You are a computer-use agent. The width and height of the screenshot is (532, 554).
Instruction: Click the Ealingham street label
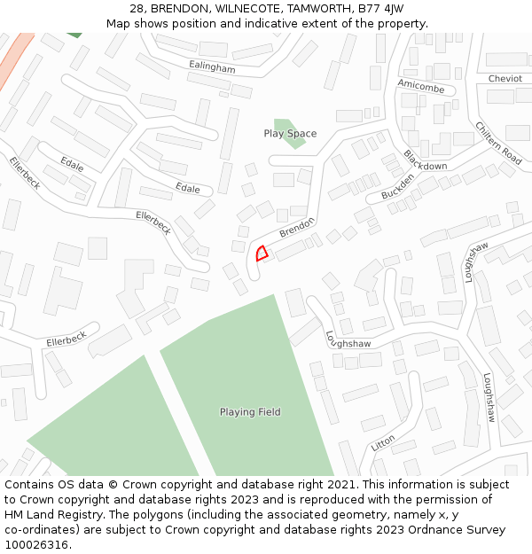tap(213, 67)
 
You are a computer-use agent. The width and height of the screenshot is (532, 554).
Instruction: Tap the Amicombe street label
tap(420, 85)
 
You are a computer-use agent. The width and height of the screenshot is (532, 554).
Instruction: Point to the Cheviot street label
tap(505, 79)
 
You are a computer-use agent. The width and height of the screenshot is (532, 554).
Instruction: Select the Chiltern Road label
tap(497, 143)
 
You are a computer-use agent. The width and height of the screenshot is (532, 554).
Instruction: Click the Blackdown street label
tap(425, 160)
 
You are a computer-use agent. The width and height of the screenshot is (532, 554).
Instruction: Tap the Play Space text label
tap(290, 134)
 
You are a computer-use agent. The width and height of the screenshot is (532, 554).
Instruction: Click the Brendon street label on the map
tap(297, 227)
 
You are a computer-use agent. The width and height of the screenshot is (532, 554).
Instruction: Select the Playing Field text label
tap(250, 411)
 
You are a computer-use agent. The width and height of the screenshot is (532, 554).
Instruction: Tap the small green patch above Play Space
tap(283, 124)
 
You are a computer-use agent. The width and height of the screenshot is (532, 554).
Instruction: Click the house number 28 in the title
tap(137, 9)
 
